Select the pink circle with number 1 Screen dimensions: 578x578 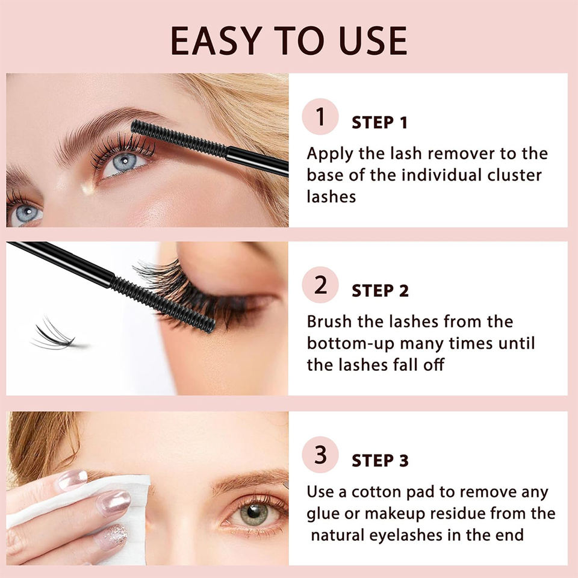click(x=320, y=116)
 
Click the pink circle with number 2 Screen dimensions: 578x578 click(x=320, y=285)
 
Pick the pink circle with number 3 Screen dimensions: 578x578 click(x=320, y=455)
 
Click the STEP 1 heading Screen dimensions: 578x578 click(x=380, y=123)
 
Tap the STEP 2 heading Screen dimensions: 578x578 click(x=380, y=291)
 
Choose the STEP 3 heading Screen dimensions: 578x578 click(x=380, y=461)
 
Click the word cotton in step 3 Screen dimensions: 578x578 click(x=376, y=492)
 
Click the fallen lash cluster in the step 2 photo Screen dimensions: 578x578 click(x=55, y=334)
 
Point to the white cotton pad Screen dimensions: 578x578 click(x=85, y=516)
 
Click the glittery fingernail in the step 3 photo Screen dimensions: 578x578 click(x=111, y=536)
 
